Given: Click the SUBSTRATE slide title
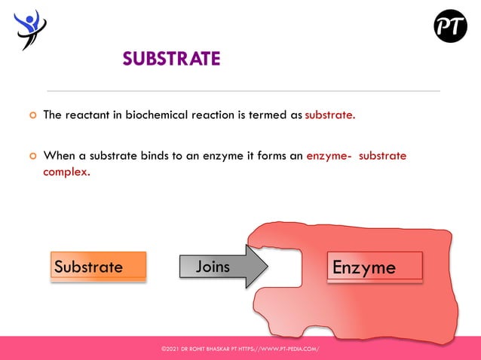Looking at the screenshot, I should [171, 59].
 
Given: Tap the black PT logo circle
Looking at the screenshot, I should [450, 26].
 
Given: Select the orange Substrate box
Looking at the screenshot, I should [97, 267].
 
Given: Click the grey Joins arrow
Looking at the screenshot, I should [223, 267].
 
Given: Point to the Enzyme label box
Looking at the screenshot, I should [374, 267].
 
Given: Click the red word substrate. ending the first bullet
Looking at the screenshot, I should [329, 115].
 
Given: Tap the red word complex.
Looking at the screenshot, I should [66, 172].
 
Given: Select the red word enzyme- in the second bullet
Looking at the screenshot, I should [329, 157].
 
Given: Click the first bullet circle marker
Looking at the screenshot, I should [32, 116].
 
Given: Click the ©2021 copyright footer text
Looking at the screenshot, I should [240, 349].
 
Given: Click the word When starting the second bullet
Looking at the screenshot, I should [60, 157].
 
